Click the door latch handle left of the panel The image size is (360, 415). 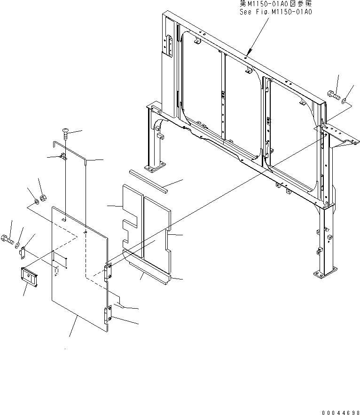coord(30,276)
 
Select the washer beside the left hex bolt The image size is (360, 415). coord(17,245)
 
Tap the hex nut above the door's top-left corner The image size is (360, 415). coord(42,198)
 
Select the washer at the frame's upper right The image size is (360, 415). coord(344,100)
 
